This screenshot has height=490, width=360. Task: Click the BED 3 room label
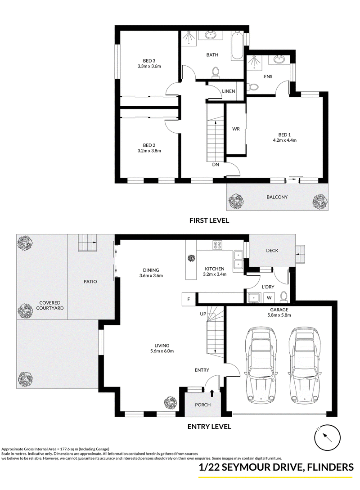tap(149, 61)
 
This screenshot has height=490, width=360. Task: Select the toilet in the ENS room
tap(252, 86)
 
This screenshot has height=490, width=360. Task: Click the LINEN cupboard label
tap(229, 91)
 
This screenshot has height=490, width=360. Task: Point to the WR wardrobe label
tap(236, 129)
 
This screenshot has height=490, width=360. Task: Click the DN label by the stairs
tap(216, 164)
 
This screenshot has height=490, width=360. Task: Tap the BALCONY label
tap(277, 197)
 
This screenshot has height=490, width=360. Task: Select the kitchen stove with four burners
tap(217, 245)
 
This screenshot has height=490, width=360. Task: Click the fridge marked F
tap(189, 299)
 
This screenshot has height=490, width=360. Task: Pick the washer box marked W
tap(269, 298)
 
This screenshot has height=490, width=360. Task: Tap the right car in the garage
tap(302, 365)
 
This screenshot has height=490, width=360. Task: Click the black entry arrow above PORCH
tap(212, 393)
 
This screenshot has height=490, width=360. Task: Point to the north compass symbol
tap(328, 437)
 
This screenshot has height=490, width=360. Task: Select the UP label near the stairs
tap(203, 314)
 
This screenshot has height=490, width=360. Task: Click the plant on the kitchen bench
tap(191, 258)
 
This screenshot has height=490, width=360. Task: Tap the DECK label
tap(272, 251)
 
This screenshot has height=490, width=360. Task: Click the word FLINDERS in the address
tap(330, 467)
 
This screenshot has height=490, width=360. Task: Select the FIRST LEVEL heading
tap(209, 220)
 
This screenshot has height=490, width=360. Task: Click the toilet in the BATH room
tap(215, 72)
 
